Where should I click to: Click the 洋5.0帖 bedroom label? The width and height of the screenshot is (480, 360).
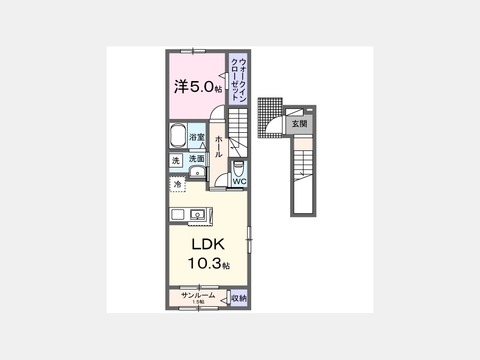point(198,87)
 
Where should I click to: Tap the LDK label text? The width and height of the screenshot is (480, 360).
point(208,244)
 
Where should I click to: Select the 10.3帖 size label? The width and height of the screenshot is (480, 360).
point(209,263)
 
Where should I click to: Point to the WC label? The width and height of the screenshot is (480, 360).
point(239,181)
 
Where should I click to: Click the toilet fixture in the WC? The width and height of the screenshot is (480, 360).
point(238,168)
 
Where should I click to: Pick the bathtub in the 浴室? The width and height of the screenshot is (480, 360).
point(179,135)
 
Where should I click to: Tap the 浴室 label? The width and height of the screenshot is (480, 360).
point(196,137)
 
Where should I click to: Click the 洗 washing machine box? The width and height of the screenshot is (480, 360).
point(175,161)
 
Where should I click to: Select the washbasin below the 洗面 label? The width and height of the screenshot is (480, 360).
point(198,171)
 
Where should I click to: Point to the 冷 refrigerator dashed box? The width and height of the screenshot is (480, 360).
point(178,185)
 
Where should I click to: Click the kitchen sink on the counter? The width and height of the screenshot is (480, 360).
point(198,214)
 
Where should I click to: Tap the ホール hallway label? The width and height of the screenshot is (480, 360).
point(218,146)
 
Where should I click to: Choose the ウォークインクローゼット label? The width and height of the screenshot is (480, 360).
point(238,79)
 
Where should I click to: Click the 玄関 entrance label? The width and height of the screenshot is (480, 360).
point(299,124)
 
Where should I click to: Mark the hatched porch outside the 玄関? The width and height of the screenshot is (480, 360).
point(270,118)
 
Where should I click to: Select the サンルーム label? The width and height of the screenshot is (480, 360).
point(198,295)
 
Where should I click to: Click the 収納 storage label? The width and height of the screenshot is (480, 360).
point(239,298)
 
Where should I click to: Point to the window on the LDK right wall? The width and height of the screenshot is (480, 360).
point(249,239)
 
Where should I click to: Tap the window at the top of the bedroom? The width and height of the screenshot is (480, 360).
point(193,51)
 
